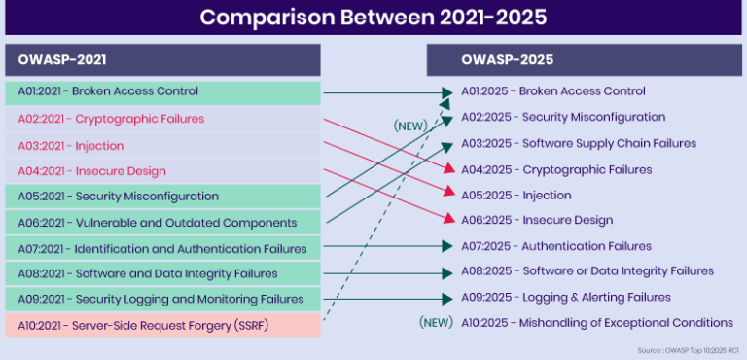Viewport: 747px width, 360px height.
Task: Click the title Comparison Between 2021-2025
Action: pyautogui.click(x=373, y=17)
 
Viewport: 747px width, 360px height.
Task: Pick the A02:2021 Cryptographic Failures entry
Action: pyautogui.click(x=111, y=119)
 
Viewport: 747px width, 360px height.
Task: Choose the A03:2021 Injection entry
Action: pyautogui.click(x=71, y=145)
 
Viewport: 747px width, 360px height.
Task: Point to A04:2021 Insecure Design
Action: pyautogui.click(x=91, y=171)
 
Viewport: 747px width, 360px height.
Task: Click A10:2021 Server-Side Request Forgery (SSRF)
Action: pyautogui.click(x=142, y=325)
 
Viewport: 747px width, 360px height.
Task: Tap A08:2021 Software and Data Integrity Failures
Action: pyautogui.click(x=147, y=273)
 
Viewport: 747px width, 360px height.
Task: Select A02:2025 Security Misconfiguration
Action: pyautogui.click(x=563, y=117)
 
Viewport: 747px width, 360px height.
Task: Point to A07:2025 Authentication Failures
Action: pyautogui.click(x=555, y=246)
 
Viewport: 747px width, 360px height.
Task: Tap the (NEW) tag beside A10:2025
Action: pyautogui.click(x=437, y=322)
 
